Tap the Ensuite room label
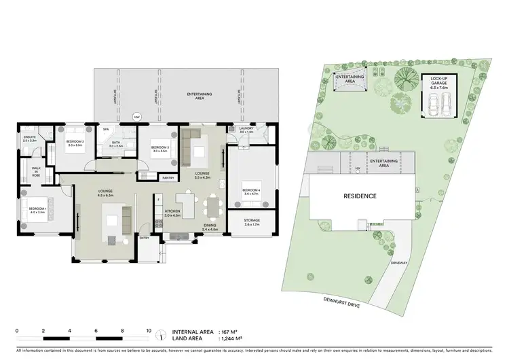(x=30, y=139)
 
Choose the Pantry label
(x=167, y=178)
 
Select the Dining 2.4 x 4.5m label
(x=210, y=227)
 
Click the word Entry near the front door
(x=144, y=238)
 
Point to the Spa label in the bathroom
(x=106, y=128)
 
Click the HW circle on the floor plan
(x=136, y=116)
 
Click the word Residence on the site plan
(x=359, y=196)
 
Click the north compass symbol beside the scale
(x=159, y=334)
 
